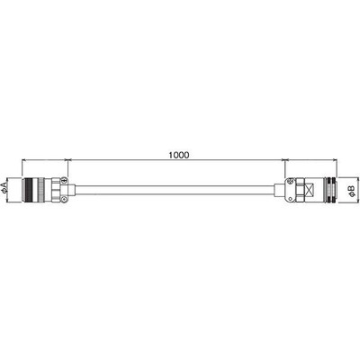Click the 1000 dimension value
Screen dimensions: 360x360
[x=179, y=155]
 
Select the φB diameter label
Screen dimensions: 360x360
[x=352, y=191]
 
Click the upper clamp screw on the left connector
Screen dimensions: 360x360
[x=63, y=181]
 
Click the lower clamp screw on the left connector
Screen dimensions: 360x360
[x=63, y=199]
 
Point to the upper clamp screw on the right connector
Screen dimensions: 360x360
[x=290, y=181]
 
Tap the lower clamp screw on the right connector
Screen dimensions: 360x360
[x=290, y=199]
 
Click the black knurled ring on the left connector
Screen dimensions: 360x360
[x=29, y=190]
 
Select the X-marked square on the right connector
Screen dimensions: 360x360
[x=310, y=190]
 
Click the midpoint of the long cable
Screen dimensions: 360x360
[x=175, y=190]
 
